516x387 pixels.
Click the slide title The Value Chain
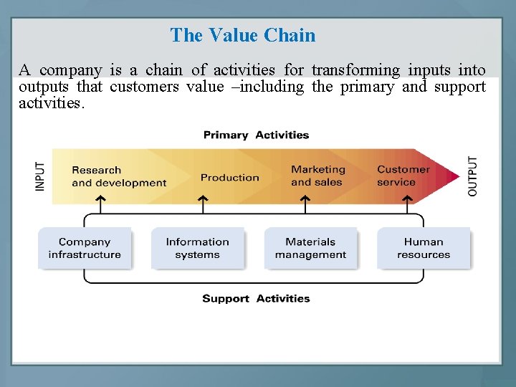[x=242, y=35]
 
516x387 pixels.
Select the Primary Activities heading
[x=256, y=135]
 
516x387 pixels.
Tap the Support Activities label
[x=256, y=298]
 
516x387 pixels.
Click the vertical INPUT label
[x=40, y=176]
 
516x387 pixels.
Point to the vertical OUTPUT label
[x=473, y=176]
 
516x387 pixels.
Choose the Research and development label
[x=118, y=176]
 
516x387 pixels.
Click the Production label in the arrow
[x=229, y=177]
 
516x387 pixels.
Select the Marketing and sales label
[x=317, y=176]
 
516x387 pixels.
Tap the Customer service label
[x=403, y=176]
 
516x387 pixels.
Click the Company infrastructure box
[x=85, y=248]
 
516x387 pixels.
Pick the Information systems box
[x=197, y=248]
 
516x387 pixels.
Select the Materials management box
[x=310, y=248]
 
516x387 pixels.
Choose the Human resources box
[x=424, y=248]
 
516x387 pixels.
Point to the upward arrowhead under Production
[x=203, y=201]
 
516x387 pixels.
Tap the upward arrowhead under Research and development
[x=100, y=201]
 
